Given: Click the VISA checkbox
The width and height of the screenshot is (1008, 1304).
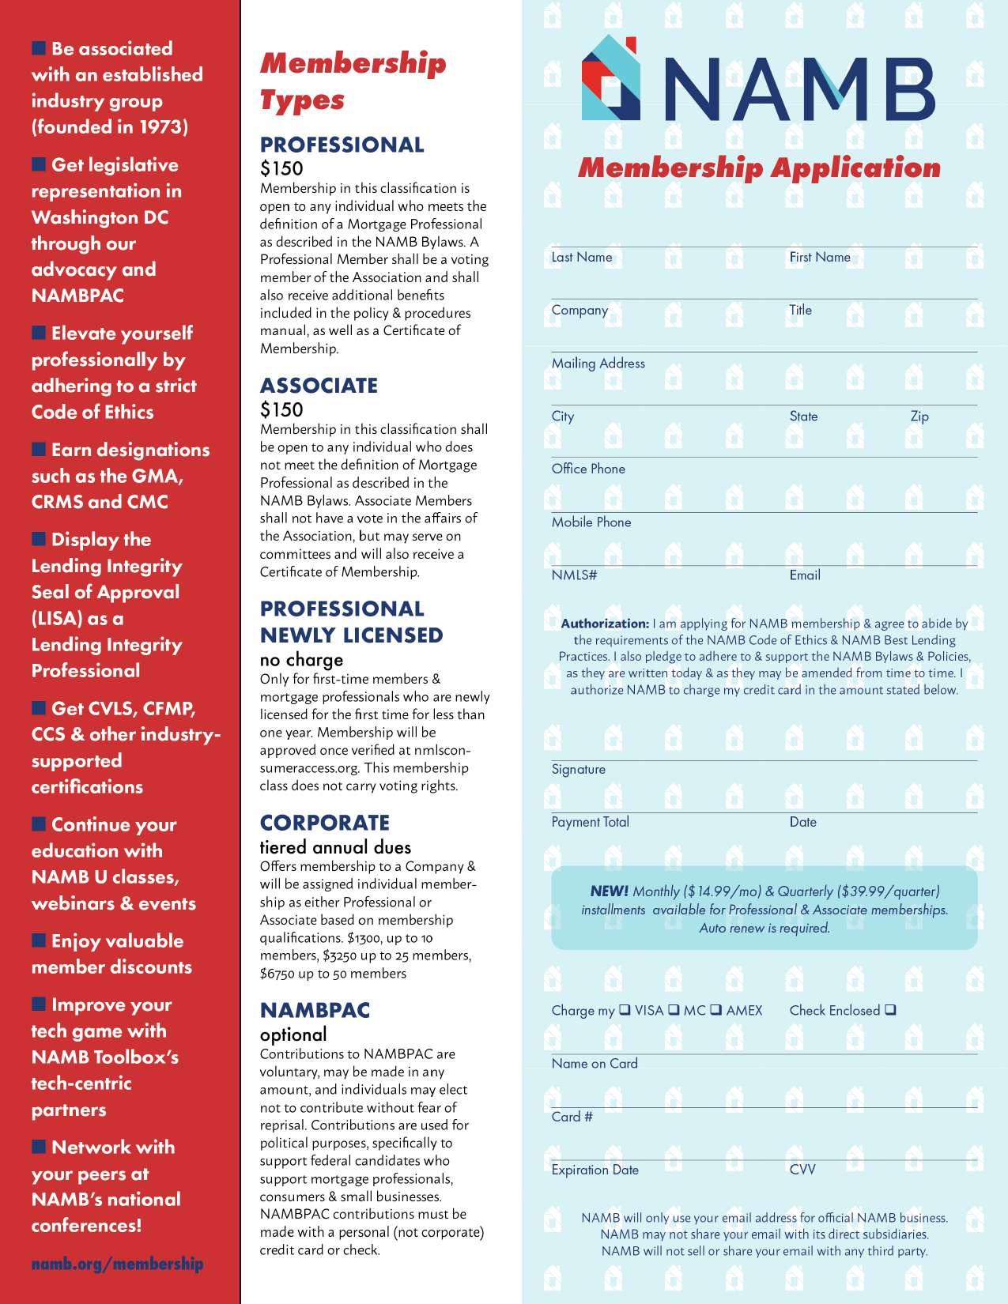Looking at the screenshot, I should pyautogui.click(x=625, y=1009).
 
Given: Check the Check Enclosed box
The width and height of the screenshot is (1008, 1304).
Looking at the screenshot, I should pyautogui.click(x=891, y=1009).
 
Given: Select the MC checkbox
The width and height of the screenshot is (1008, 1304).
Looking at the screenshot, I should pyautogui.click(x=674, y=1009).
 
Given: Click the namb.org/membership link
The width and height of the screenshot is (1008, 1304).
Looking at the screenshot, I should pyautogui.click(x=117, y=1264).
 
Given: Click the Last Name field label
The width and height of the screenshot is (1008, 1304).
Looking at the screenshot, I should pyautogui.click(x=582, y=258).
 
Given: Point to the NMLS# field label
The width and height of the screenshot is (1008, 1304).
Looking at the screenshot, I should pyautogui.click(x=574, y=575).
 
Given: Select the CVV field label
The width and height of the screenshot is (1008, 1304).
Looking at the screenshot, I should pyautogui.click(x=802, y=1170).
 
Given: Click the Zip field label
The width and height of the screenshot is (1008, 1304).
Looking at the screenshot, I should pyautogui.click(x=919, y=416).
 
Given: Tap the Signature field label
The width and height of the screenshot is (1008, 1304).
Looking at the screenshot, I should pyautogui.click(x=579, y=770).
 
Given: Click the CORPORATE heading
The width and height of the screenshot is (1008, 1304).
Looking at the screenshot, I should pyautogui.click(x=325, y=823).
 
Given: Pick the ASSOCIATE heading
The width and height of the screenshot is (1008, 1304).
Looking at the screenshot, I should pyautogui.click(x=319, y=386).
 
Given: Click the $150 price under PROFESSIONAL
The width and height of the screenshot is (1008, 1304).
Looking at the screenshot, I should pyautogui.click(x=281, y=168).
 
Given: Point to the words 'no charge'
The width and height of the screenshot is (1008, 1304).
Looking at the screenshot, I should pyautogui.click(x=301, y=660).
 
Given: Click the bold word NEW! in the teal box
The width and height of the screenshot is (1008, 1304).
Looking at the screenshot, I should pyautogui.click(x=610, y=891).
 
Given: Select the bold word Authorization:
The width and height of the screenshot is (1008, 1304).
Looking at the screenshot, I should pyautogui.click(x=605, y=624).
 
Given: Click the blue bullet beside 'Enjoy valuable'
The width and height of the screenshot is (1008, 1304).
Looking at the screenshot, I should pyautogui.click(x=39, y=940).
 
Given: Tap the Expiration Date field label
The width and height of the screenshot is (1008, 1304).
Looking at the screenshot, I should pyautogui.click(x=595, y=1170).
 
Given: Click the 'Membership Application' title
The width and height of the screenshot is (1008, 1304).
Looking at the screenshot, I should pyautogui.click(x=759, y=168).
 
